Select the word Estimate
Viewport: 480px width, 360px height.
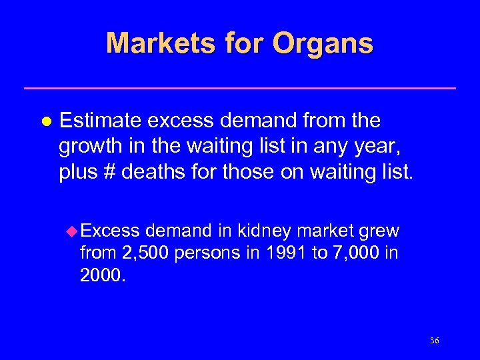coord(101,121)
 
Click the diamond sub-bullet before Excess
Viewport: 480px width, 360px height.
coord(73,231)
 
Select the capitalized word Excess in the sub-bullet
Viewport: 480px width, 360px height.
coord(111,231)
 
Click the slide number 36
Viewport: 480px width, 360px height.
coord(434,341)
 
